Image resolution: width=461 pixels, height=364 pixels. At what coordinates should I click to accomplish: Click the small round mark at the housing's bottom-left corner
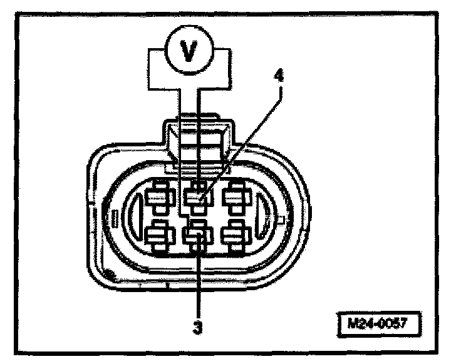(111, 273)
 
